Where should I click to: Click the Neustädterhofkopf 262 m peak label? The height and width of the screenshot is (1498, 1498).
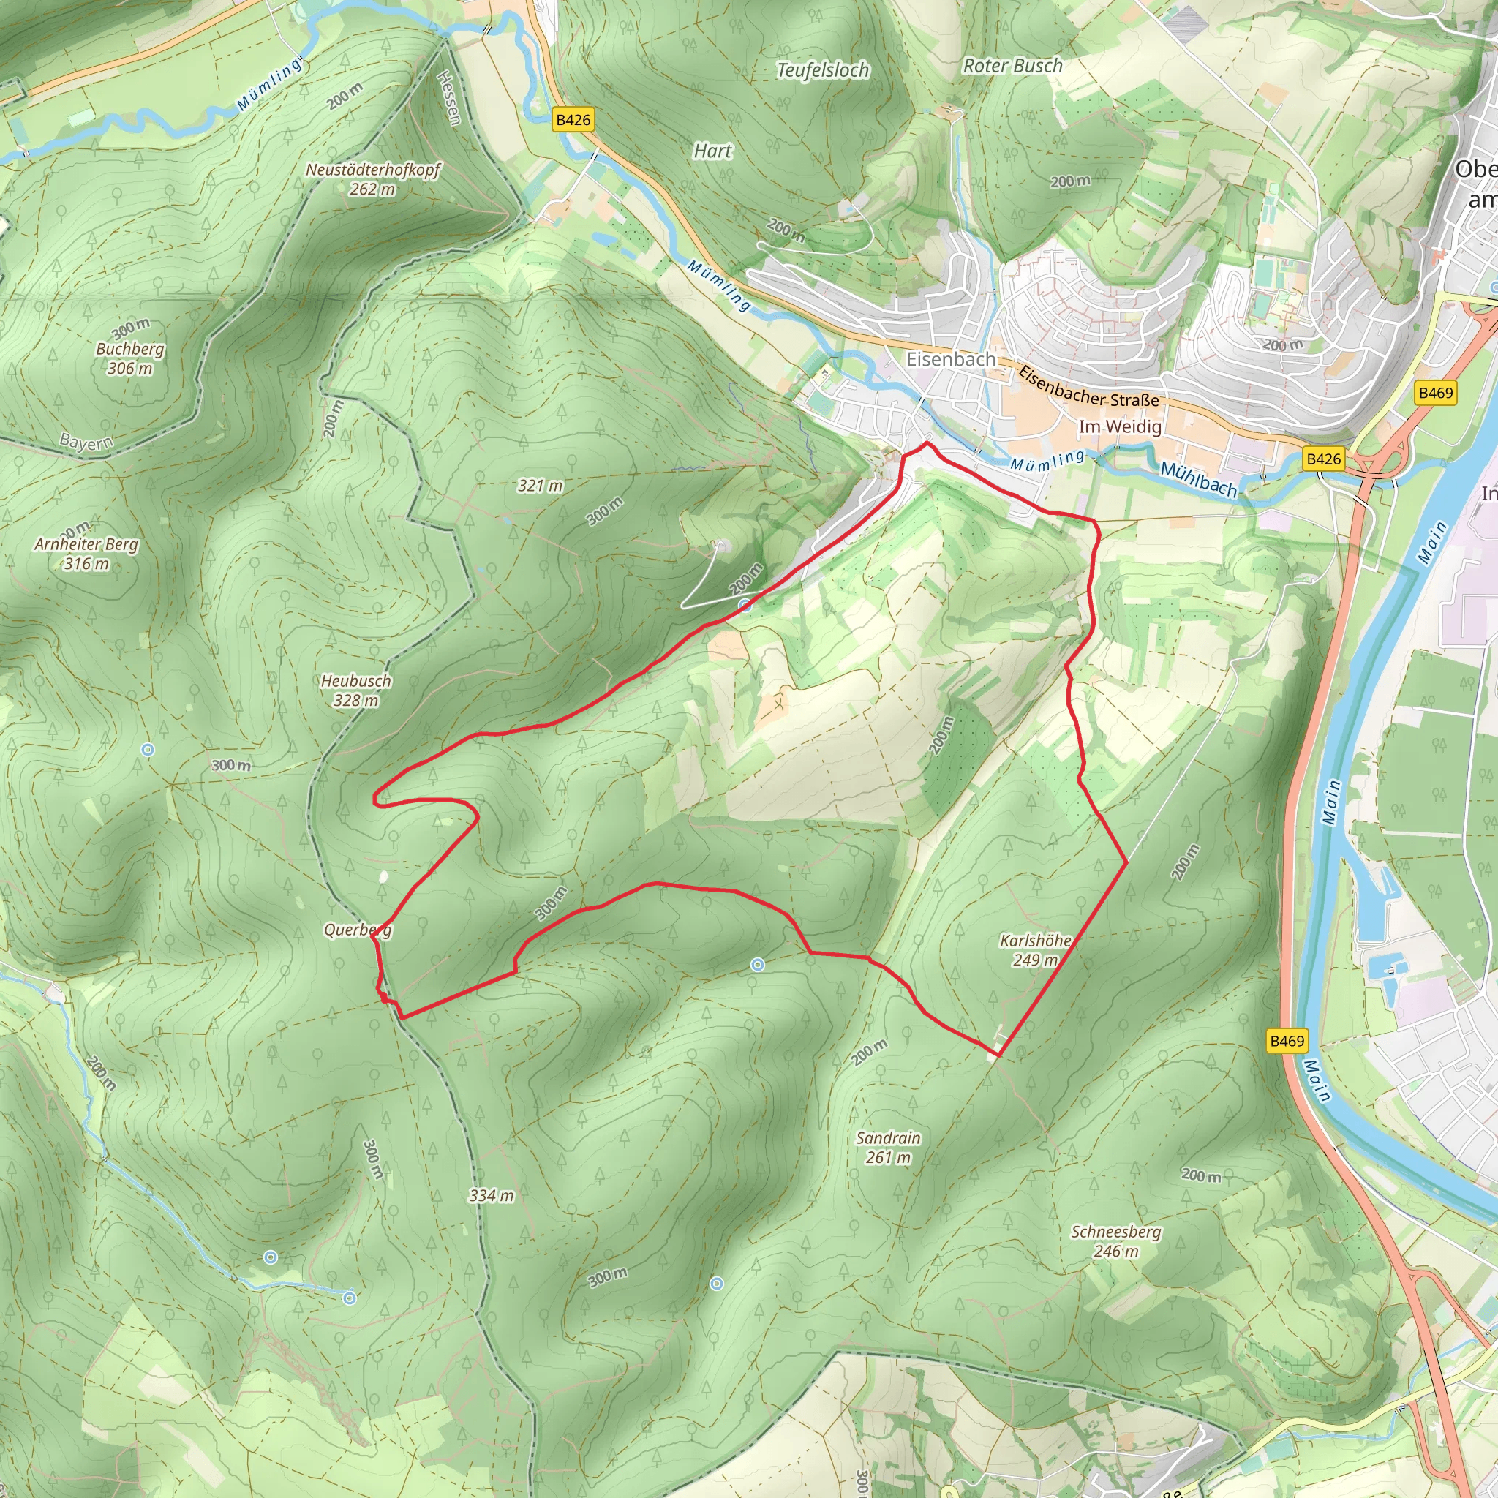[372, 179]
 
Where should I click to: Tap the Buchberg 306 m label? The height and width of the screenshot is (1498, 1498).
[129, 358]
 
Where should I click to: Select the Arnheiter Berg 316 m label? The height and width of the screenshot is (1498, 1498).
[86, 554]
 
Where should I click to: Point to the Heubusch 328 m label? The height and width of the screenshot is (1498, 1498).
[356, 690]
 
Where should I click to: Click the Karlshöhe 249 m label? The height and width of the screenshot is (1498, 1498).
[1035, 950]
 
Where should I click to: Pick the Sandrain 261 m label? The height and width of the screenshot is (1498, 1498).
[888, 1148]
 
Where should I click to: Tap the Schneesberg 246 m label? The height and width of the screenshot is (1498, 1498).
[1115, 1241]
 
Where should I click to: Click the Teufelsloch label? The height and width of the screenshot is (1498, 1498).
[823, 70]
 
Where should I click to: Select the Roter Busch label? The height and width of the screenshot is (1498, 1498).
[1012, 66]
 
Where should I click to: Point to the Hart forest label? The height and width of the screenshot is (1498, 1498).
[712, 151]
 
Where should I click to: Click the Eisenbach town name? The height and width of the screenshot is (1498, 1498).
[951, 360]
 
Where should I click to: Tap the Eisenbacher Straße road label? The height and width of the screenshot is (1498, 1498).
[1088, 387]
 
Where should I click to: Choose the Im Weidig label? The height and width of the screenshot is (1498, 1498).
[1120, 426]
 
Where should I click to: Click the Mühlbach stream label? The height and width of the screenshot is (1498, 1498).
[1198, 480]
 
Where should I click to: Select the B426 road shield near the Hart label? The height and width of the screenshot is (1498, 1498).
[573, 119]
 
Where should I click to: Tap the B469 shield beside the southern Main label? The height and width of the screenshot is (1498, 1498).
[1287, 1041]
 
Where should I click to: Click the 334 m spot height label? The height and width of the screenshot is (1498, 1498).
[491, 1196]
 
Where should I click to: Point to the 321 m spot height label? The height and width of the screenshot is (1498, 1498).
[540, 486]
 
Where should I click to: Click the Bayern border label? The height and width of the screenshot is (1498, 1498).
[86, 443]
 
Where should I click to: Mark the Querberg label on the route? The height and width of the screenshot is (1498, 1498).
[358, 930]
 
